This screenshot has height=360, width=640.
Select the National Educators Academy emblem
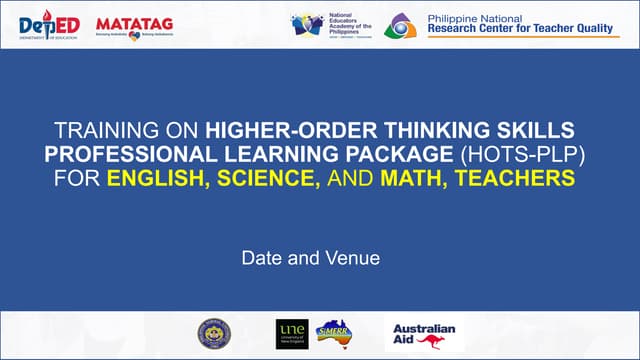pyautogui.click(x=307, y=25)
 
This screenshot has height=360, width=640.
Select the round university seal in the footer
pyautogui.click(x=212, y=334)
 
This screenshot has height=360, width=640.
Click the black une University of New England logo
pyautogui.click(x=290, y=334)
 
